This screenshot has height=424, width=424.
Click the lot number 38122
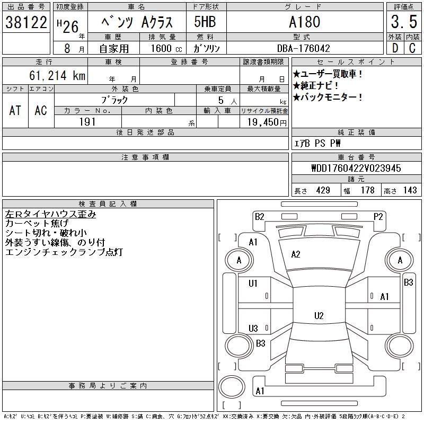coord(26,22)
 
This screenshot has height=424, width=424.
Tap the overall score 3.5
coord(403,22)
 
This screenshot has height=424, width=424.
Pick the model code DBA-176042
coord(304,48)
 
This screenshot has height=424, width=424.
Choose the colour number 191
coord(87,122)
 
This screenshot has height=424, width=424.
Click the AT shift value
coord(15,110)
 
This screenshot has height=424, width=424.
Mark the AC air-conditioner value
coord(41,110)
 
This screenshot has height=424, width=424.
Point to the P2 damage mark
coord(378,216)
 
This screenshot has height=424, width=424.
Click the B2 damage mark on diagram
coord(259,216)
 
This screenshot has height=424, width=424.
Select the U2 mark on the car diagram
coord(319,316)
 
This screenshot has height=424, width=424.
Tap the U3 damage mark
coord(253,328)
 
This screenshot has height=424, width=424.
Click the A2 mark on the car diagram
coord(296,254)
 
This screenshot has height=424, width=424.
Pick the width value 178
coord(367,190)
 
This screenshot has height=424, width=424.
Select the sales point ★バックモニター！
coord(328,97)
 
